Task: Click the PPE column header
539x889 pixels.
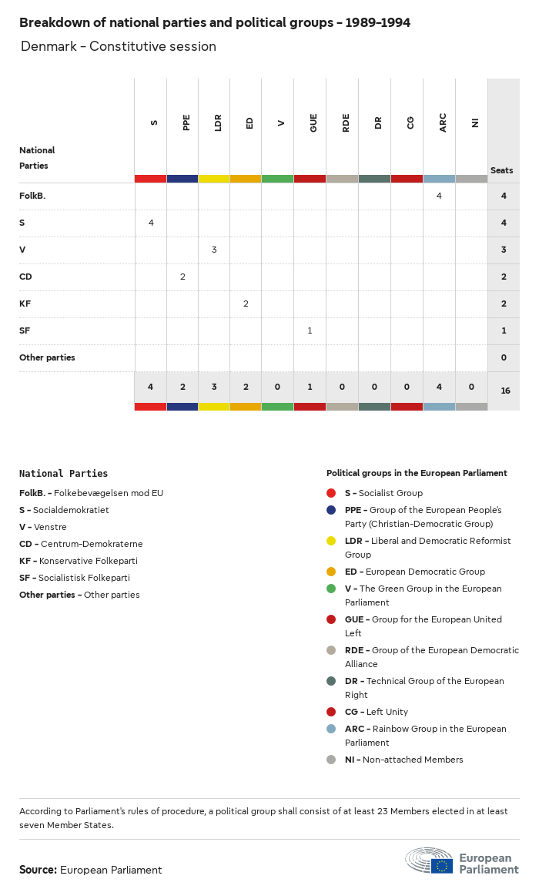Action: [x=186, y=122]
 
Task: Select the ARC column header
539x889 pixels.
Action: [x=443, y=122]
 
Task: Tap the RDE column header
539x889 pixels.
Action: [x=346, y=122]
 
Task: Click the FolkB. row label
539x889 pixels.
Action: [x=32, y=196]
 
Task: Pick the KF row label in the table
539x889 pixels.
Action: [x=25, y=304]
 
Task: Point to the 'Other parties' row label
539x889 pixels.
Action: [x=47, y=357]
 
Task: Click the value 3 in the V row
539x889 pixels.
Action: [x=214, y=250]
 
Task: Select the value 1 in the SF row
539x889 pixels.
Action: [x=310, y=330]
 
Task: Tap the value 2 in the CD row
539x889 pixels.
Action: [x=182, y=277]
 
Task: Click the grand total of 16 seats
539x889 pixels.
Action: [x=505, y=391]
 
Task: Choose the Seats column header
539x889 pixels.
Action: [x=502, y=170]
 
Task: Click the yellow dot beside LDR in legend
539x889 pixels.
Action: [x=331, y=541]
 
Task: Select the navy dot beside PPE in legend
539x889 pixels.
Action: [x=331, y=510]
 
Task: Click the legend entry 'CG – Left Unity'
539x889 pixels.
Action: [x=376, y=712]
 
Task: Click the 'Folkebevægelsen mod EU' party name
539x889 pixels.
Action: [x=109, y=493]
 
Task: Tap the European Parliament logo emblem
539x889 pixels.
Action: [x=430, y=861]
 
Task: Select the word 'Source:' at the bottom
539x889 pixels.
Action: [x=38, y=870]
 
